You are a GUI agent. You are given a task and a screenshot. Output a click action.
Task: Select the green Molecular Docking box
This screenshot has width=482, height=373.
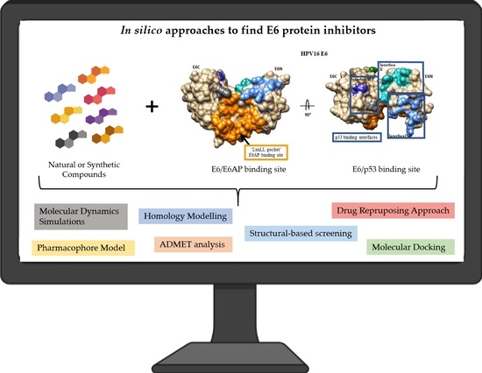click(406, 247)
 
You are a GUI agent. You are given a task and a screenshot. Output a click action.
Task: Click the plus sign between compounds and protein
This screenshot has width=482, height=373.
click(153, 107)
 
